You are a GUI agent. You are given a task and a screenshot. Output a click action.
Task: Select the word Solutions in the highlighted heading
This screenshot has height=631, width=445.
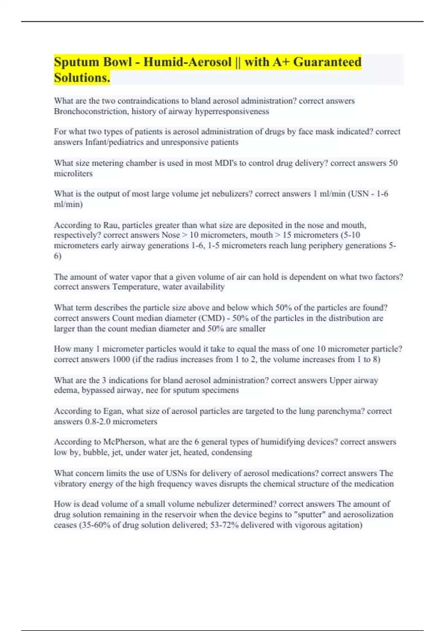point(82,78)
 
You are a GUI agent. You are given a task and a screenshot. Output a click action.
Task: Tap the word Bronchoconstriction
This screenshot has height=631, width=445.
point(91,111)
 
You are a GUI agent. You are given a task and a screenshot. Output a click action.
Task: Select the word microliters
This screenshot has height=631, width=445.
point(73,173)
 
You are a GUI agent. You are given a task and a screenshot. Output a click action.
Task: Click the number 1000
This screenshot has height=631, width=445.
point(121,359)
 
